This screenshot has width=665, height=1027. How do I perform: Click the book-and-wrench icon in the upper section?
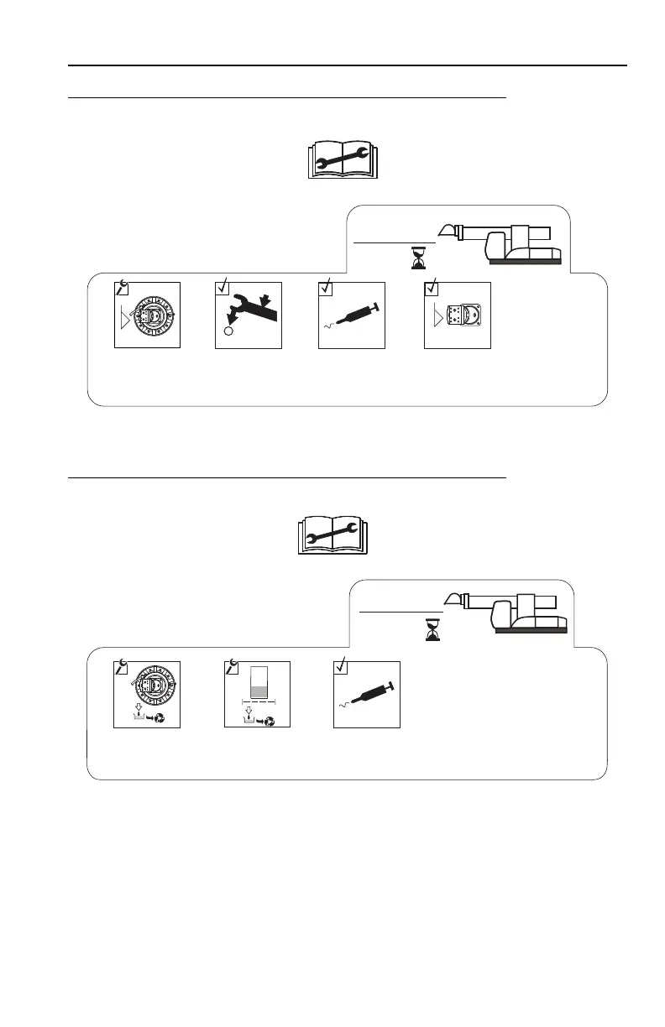[x=340, y=159]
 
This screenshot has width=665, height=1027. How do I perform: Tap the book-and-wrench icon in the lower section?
[x=333, y=534]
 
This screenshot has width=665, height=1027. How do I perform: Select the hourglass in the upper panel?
[x=419, y=258]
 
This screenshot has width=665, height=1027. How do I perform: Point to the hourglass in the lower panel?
[x=432, y=629]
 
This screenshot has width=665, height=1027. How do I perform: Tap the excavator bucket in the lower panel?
[x=459, y=600]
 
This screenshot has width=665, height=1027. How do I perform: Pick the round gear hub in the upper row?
[x=152, y=316]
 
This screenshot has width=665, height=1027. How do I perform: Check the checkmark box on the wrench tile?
[x=223, y=286]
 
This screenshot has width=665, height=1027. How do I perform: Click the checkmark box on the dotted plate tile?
[x=432, y=286]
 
